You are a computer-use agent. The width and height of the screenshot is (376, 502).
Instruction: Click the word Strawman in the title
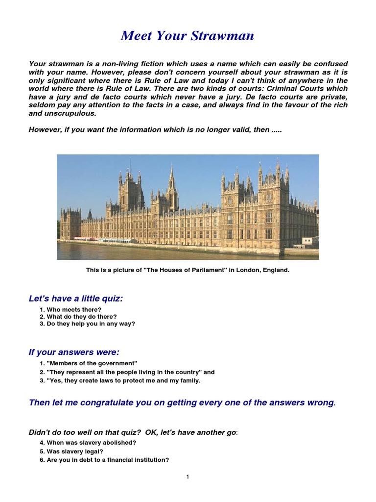coord(222,36)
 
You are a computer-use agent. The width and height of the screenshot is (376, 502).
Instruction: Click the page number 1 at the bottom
coord(188,477)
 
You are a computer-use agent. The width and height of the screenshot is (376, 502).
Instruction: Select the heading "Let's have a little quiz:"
coord(76,299)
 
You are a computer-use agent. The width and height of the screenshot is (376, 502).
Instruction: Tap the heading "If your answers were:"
coord(74,352)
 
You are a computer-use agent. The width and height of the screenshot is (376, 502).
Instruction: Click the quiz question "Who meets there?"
coord(71,310)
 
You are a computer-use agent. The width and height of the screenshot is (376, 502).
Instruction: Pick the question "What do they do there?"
coord(78,317)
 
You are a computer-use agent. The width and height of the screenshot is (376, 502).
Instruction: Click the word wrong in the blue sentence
coord(321,403)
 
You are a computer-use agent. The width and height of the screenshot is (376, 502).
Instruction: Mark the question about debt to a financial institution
coord(104,460)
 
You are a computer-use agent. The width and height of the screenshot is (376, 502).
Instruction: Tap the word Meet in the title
coord(138,36)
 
